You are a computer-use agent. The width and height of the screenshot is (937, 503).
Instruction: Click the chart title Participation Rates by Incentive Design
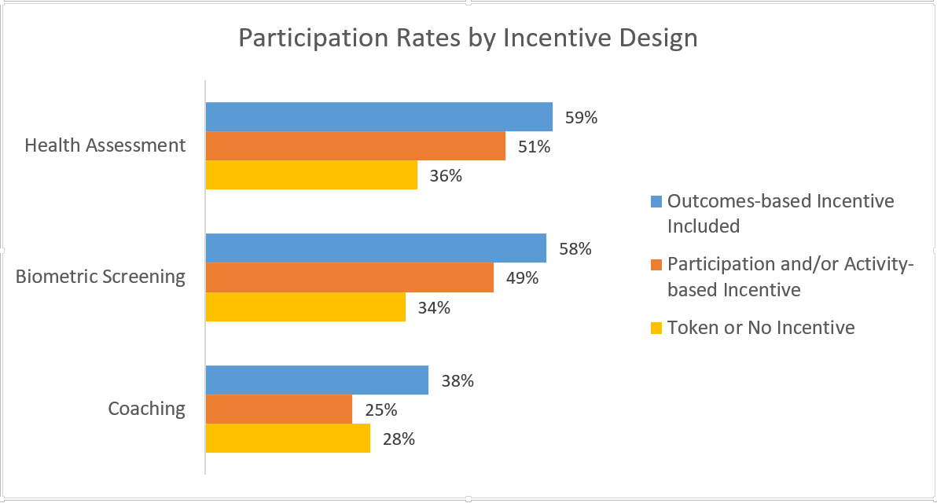click(468, 38)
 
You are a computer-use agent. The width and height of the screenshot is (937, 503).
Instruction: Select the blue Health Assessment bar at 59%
click(379, 117)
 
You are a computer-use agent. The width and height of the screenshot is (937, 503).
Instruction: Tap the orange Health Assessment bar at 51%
click(355, 146)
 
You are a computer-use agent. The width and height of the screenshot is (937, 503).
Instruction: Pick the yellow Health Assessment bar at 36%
click(311, 175)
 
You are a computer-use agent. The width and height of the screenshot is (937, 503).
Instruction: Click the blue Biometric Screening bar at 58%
click(376, 248)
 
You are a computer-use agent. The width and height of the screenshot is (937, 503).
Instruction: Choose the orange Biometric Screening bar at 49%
click(349, 277)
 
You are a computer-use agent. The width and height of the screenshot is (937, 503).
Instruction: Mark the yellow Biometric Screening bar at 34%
click(305, 307)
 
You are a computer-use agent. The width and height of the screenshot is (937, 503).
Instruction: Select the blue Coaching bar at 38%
click(317, 380)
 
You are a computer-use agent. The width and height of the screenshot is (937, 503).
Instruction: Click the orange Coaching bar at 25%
click(278, 409)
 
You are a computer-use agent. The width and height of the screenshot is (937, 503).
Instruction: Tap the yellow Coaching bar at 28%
click(288, 439)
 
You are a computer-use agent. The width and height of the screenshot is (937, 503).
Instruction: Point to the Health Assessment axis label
click(105, 145)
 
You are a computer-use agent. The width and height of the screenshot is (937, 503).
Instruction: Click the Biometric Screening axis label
click(101, 277)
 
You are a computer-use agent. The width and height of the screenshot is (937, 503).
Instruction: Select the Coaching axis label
click(147, 409)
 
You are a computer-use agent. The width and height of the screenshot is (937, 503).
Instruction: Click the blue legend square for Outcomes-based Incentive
click(656, 201)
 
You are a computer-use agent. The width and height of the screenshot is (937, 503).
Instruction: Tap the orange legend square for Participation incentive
click(656, 266)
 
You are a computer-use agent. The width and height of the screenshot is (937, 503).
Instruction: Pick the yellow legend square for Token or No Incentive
click(656, 328)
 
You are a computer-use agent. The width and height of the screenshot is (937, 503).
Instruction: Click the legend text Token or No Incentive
click(760, 328)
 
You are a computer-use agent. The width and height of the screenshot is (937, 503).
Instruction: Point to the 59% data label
click(581, 118)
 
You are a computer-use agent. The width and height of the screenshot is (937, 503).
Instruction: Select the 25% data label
click(380, 410)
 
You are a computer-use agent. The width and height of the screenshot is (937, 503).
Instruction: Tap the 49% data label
click(522, 278)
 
